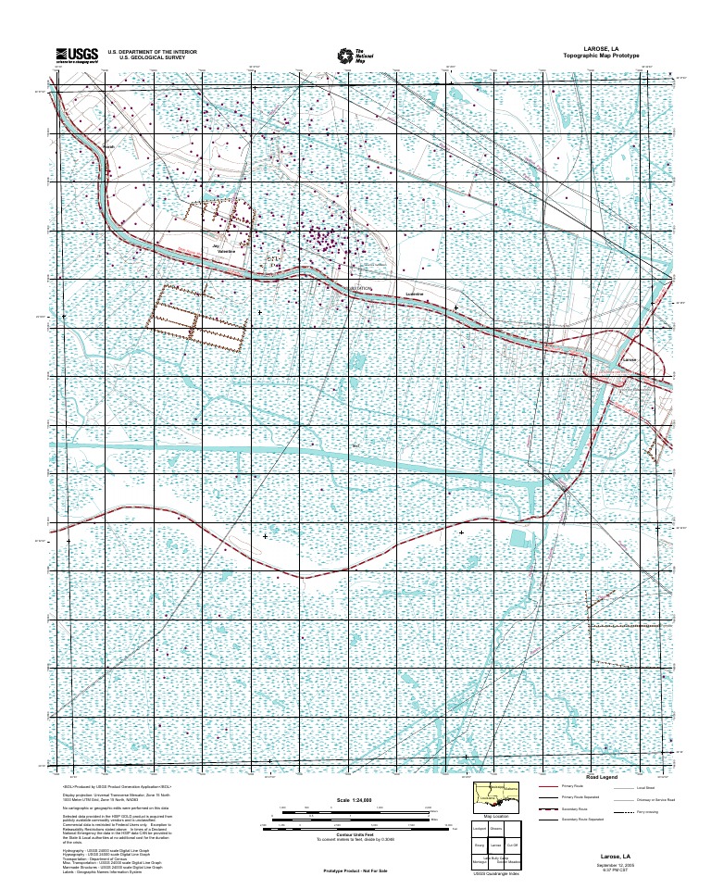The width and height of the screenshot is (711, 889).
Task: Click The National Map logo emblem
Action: click(344, 56)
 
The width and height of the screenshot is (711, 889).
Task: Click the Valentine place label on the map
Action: click(227, 252)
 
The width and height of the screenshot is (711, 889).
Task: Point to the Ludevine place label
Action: click(415, 294)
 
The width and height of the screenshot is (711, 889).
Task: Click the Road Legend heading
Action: click(602, 777)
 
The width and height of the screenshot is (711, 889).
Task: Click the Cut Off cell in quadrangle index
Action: click(512, 845)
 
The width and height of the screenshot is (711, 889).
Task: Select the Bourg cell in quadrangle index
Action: click(480, 845)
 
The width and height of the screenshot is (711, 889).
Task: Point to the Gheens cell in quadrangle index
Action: click(495, 829)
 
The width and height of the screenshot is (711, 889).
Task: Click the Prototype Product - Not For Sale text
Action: click(355, 871)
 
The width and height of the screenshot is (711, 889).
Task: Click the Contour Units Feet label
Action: click(355, 835)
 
